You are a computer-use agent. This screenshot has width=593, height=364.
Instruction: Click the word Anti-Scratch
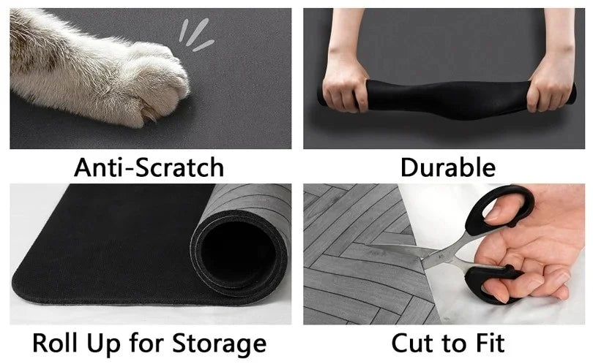pyautogui.click(x=149, y=167)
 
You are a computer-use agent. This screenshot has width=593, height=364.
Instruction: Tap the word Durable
pyautogui.click(x=447, y=167)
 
